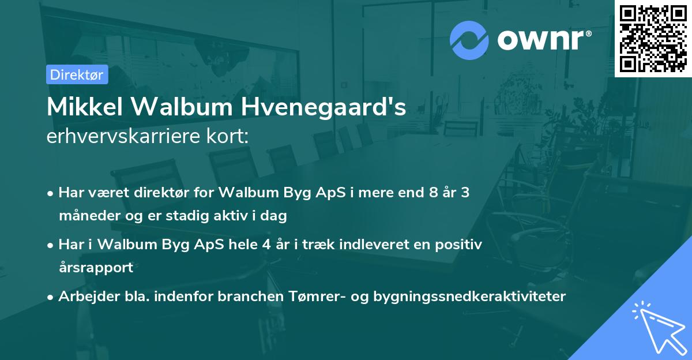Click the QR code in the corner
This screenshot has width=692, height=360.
coord(653,38)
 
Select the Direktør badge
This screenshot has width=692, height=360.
coord(77,74)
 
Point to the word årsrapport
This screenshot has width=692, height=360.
coord(96,268)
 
